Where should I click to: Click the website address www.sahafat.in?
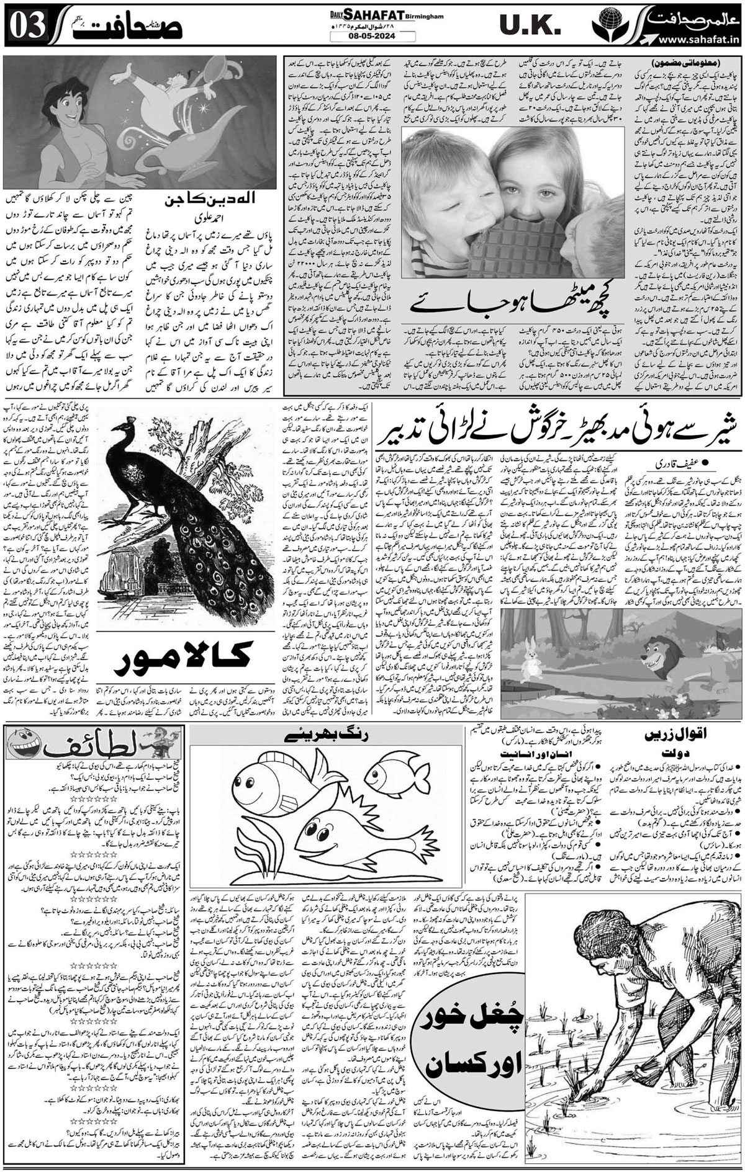(x=689, y=40)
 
